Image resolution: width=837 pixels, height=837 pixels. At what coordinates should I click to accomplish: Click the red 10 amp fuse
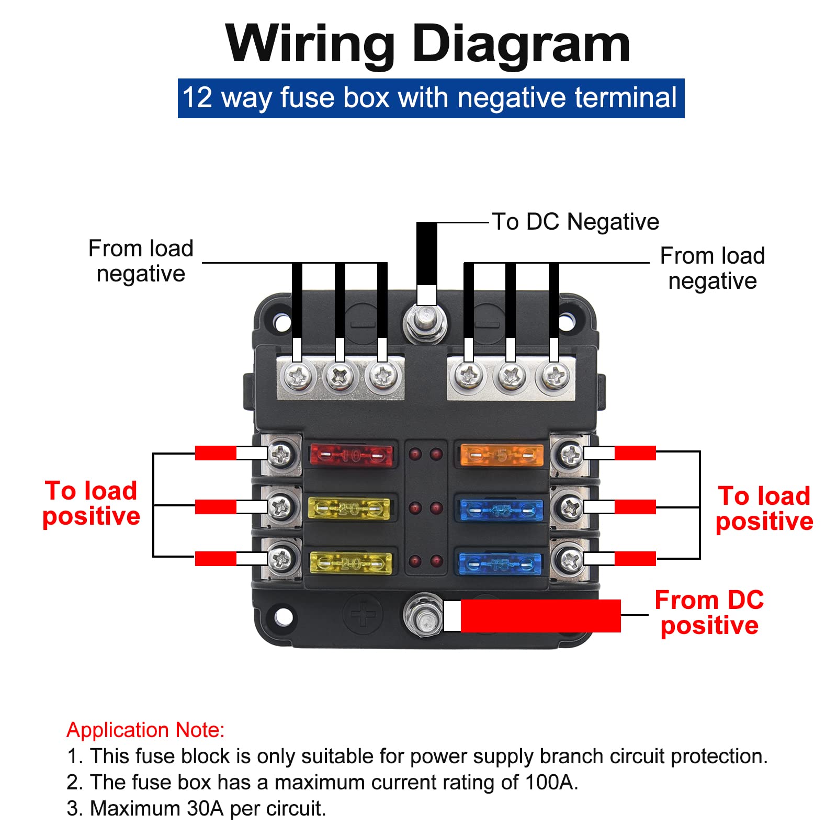point(350,456)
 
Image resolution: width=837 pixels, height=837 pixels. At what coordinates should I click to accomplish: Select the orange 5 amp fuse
point(501,455)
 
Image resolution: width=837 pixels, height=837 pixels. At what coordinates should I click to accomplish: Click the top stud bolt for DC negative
point(425,320)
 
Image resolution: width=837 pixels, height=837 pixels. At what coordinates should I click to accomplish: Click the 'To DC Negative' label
point(575,222)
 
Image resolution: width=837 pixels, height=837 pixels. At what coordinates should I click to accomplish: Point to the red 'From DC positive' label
point(709,613)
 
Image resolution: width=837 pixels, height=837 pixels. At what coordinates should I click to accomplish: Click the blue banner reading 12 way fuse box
point(431,98)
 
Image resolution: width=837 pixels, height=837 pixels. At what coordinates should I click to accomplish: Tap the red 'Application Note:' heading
point(145,730)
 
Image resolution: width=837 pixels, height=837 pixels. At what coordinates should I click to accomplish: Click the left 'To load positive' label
point(91,503)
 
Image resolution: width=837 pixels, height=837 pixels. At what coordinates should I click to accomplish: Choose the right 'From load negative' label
point(712,268)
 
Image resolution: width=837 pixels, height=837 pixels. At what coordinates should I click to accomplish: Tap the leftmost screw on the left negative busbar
point(297,376)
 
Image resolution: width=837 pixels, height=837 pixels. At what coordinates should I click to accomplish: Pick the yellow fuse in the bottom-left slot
point(350,563)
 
